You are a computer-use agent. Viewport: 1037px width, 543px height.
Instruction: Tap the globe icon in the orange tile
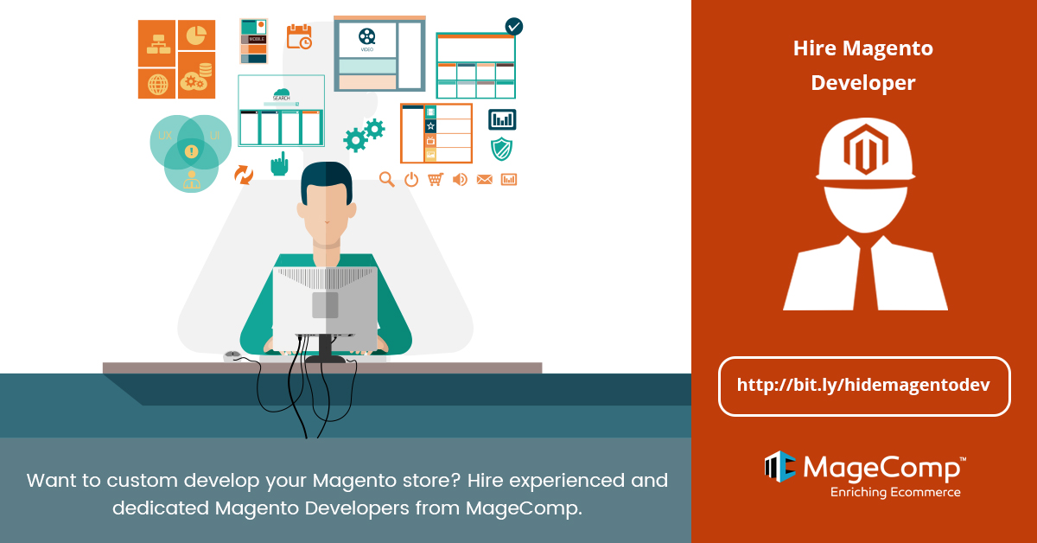coord(157,84)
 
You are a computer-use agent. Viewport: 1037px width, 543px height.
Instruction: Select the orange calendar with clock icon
coord(299,36)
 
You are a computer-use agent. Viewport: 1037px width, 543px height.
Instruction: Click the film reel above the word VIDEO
coord(367,36)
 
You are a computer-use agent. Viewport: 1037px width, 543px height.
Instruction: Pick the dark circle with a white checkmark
coord(514,27)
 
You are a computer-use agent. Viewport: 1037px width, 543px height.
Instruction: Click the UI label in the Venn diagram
coord(214,137)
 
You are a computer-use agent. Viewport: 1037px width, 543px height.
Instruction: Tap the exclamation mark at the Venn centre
coord(191,152)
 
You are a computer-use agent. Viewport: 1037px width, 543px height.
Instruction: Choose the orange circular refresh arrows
coord(244,175)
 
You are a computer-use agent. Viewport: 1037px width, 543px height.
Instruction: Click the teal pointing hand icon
coord(279,163)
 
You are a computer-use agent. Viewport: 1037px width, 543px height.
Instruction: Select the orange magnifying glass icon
coord(387,179)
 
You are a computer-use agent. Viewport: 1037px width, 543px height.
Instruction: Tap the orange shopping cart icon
coord(436,179)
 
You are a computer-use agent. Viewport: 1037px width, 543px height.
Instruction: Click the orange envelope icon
coord(484,179)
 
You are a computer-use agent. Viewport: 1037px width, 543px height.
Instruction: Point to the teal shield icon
coord(501,149)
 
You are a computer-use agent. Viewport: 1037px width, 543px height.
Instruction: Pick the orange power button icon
coord(411,179)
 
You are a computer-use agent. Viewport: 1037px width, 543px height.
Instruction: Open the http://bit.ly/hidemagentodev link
coord(864,386)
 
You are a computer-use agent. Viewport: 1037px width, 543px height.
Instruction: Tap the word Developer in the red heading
coord(863,83)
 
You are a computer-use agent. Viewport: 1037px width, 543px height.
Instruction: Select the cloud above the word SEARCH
coord(282,92)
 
